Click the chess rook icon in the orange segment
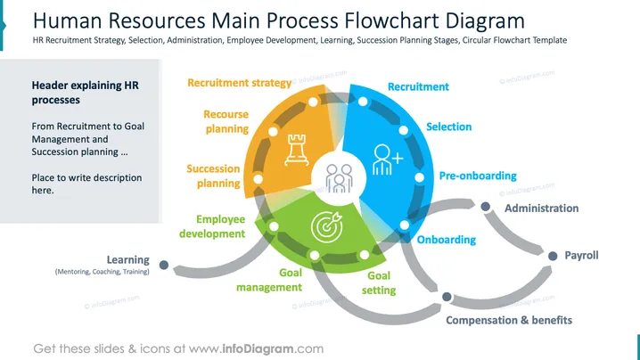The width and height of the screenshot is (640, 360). pyautogui.click(x=297, y=150)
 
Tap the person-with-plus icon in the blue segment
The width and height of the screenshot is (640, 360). pyautogui.click(x=388, y=160)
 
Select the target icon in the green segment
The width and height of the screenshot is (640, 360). pyautogui.click(x=326, y=226)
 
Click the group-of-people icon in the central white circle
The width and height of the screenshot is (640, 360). pyautogui.click(x=339, y=178)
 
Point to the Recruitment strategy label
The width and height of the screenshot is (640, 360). pyautogui.click(x=240, y=83)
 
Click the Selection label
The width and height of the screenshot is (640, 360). pyautogui.click(x=449, y=127)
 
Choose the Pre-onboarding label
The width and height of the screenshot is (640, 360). pyautogui.click(x=478, y=176)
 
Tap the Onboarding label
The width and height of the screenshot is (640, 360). pyautogui.click(x=446, y=240)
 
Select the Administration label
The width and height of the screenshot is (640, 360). pyautogui.click(x=542, y=209)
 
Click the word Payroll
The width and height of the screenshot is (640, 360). pyautogui.click(x=581, y=256)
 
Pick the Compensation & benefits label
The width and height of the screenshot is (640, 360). pyautogui.click(x=509, y=321)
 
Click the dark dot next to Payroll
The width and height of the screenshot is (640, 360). pyautogui.click(x=553, y=256)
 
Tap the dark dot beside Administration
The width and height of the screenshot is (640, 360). pyautogui.click(x=485, y=207)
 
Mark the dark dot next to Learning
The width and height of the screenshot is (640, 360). pyautogui.click(x=164, y=265)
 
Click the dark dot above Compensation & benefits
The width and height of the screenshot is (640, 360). pyautogui.click(x=447, y=297)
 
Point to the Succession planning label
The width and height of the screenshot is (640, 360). pyautogui.click(x=213, y=176)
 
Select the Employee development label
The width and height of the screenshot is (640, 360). pyautogui.click(x=212, y=226)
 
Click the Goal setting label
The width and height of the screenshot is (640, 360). pyautogui.click(x=379, y=282)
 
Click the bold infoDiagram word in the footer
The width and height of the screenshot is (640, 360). pyautogui.click(x=258, y=348)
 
